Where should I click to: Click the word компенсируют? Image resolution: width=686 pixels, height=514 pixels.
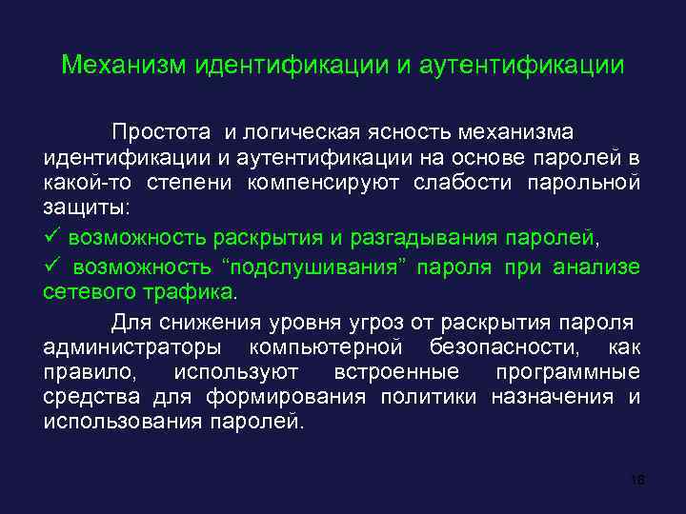[326, 182]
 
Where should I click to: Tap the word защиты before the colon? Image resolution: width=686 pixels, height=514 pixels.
[88, 208]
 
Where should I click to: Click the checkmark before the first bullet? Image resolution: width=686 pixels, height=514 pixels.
[51, 235]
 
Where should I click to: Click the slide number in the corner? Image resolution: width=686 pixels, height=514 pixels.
[637, 480]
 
